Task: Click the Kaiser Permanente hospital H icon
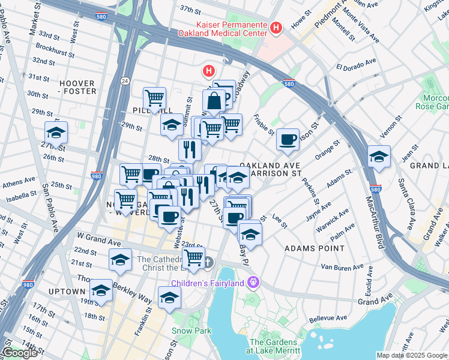point(276,28)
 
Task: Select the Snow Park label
point(191,331)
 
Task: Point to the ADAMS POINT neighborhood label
point(315,248)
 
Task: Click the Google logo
point(20,353)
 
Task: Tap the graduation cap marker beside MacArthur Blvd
point(379,157)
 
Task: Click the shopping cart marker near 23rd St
point(193,258)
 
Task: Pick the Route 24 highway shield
point(124,80)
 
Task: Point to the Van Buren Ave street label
point(342,266)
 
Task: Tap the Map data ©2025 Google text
point(412,355)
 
